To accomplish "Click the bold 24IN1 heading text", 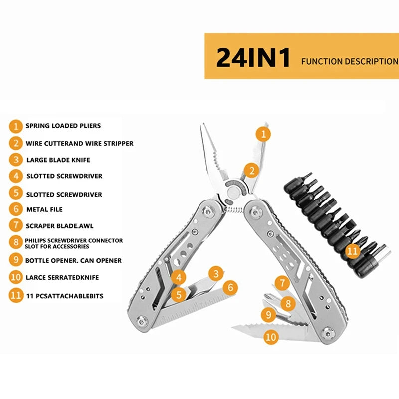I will tap(253, 58).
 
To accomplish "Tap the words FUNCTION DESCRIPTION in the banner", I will tap(350, 62).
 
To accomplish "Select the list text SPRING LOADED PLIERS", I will tap(63, 126).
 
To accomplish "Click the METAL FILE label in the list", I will tap(44, 210).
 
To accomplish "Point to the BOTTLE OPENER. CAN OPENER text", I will tap(73, 260).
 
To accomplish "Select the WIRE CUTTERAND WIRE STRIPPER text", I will tap(79, 143).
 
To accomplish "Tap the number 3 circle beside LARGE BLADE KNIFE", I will tap(16, 160).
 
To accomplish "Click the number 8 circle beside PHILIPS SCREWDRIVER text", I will tap(16, 243).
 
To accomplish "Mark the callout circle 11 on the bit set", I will tap(352, 251).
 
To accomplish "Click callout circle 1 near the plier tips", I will tap(263, 134).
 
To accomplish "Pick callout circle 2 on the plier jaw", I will tap(252, 171).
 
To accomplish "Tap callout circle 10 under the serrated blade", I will tap(271, 337).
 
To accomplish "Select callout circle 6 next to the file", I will tap(230, 287).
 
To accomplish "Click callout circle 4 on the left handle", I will tap(179, 277).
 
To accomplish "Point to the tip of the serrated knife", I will tap(233, 328).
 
